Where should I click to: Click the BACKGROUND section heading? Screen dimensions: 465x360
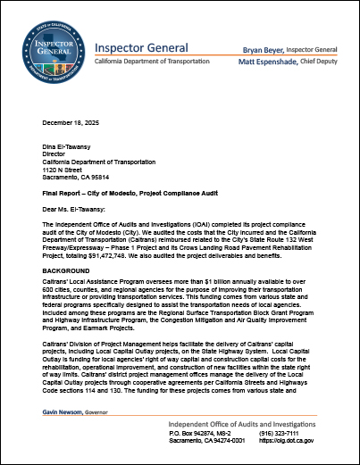tap(68, 268)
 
